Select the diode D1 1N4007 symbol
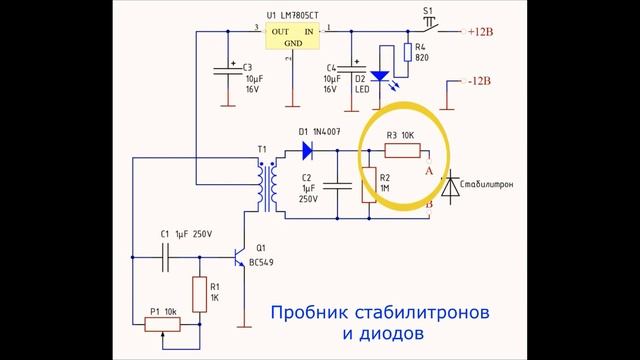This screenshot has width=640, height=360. [307, 152]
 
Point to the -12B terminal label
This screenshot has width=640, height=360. [480, 80]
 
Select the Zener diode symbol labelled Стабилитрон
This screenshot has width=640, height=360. [450, 186]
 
